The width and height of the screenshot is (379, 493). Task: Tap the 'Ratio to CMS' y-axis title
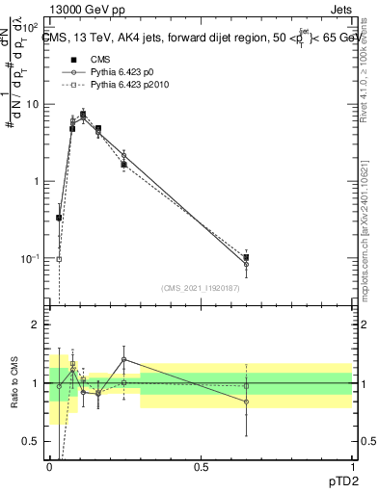(14, 386)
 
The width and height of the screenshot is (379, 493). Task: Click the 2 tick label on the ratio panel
(37, 324)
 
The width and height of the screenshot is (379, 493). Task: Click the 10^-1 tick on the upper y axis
(31, 259)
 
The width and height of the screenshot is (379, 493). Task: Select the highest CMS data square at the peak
(83, 115)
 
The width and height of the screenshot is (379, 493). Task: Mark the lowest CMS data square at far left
(59, 218)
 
